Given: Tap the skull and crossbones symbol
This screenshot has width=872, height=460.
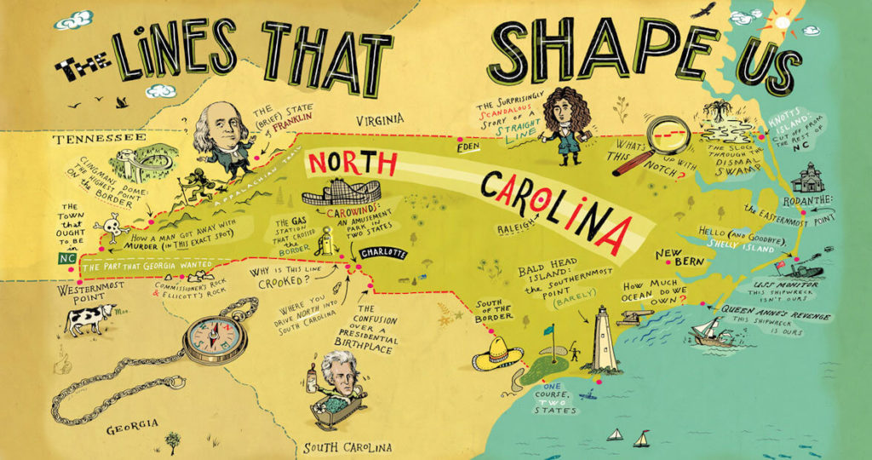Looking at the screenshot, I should [113, 227].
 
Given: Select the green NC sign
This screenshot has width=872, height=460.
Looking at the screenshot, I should [67, 256].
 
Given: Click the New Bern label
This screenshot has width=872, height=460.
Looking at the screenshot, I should [679, 257].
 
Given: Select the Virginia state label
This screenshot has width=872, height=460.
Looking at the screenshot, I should [379, 119].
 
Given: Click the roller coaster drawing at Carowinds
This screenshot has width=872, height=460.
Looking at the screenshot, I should [341, 193].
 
